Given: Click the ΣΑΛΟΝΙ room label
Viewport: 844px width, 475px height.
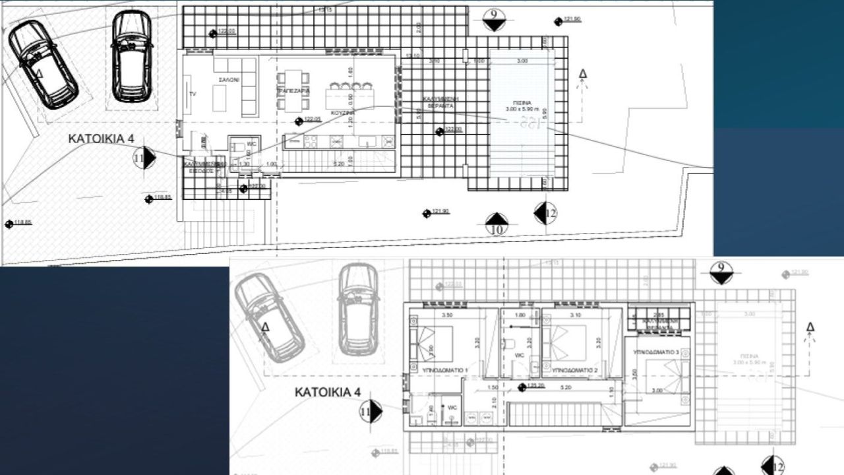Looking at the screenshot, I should [229, 79].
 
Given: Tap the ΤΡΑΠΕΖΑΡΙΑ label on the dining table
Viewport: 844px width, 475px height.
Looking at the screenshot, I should [293, 90].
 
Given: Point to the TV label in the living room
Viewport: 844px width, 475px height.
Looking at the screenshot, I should [193, 94].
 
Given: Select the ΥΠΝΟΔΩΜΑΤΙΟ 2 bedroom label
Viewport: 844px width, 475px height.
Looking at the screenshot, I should [574, 371].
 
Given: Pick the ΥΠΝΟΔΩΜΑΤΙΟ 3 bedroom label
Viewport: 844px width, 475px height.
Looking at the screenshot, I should [656, 353].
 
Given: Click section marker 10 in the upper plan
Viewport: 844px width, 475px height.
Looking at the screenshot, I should [497, 224].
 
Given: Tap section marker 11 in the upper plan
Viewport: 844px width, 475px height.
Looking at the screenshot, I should [144, 158].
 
